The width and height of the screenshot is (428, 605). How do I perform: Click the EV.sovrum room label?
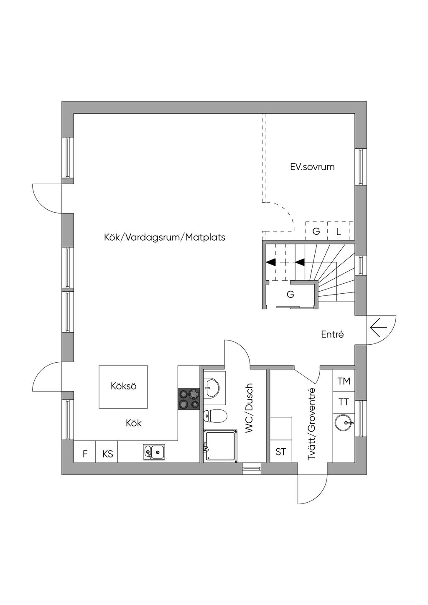pyautogui.click(x=312, y=167)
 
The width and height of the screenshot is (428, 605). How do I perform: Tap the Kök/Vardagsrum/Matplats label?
pyautogui.click(x=164, y=237)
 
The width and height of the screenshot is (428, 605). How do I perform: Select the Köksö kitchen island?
pyautogui.click(x=123, y=386)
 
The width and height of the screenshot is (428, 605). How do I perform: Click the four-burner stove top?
pyautogui.click(x=189, y=399)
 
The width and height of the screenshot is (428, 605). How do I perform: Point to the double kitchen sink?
pyautogui.click(x=154, y=452)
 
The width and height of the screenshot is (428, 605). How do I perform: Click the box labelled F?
pyautogui.click(x=85, y=453)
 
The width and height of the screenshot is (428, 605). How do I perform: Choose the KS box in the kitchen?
pyautogui.click(x=107, y=453)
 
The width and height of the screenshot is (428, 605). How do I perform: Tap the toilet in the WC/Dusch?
pyautogui.click(x=215, y=416)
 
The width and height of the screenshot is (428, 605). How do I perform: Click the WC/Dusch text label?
pyautogui.click(x=249, y=408)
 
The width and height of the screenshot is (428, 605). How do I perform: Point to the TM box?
pyautogui.click(x=344, y=381)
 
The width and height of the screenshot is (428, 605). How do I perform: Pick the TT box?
pyautogui.click(x=344, y=402)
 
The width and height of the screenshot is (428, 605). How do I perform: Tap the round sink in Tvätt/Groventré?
pyautogui.click(x=344, y=423)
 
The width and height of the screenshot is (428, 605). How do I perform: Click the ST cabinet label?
pyautogui.click(x=281, y=452)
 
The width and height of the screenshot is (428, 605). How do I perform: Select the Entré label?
pyautogui.click(x=332, y=334)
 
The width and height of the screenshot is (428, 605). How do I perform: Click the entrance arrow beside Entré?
pyautogui.click(x=378, y=328)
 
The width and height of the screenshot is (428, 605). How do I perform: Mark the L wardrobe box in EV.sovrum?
pyautogui.click(x=339, y=231)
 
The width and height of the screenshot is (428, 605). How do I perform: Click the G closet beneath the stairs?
pyautogui.click(x=290, y=295)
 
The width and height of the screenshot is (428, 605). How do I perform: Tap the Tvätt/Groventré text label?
pyautogui.click(x=311, y=424)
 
